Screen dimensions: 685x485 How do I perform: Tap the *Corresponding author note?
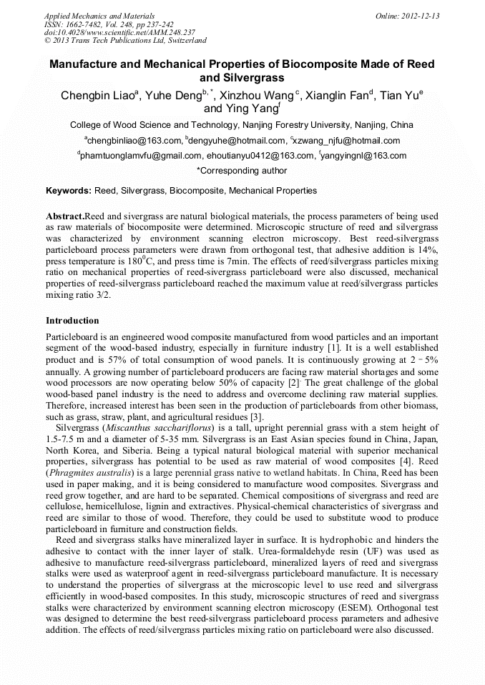click(x=242, y=171)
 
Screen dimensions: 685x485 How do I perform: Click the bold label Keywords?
click(x=69, y=191)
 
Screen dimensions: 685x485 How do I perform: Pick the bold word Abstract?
click(x=65, y=216)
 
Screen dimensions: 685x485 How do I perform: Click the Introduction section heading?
click(x=72, y=321)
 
